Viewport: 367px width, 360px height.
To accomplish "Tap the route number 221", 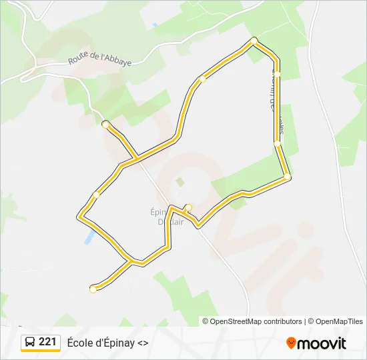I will tap(47, 342).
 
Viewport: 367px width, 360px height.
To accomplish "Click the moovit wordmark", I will tap(323, 343).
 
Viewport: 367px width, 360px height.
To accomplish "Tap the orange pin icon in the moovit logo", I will tap(291, 343).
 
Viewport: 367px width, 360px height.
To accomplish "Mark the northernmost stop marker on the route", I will tap(254, 41).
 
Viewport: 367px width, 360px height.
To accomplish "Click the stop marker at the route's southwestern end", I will tap(93, 289).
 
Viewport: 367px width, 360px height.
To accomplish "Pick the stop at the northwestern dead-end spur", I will tap(105, 124).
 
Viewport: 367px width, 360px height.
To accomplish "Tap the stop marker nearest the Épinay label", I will tap(188, 207).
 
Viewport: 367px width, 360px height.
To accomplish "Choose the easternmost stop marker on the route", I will tap(287, 177).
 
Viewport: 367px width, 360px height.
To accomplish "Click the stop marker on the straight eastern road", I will tap(277, 143).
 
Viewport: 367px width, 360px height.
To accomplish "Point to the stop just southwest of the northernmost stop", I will tap(202, 79).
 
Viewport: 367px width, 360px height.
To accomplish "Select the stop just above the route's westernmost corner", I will tap(97, 195).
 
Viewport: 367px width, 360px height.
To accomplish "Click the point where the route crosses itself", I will tap(136, 158).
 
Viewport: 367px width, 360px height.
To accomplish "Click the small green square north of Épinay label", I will tap(179, 181).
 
